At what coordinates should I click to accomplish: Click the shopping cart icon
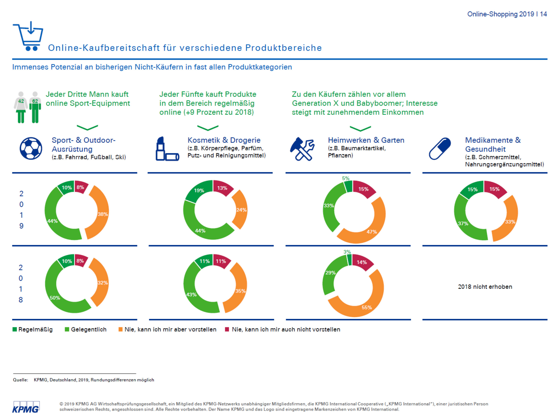[x=28, y=36]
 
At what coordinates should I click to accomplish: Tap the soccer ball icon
[x=31, y=148]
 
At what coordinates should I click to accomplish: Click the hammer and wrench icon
[x=302, y=149]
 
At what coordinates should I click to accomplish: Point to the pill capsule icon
[x=440, y=149]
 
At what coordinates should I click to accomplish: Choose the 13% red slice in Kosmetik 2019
[x=222, y=188]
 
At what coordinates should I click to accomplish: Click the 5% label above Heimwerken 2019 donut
[x=346, y=178]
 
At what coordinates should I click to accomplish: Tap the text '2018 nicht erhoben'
[x=485, y=287]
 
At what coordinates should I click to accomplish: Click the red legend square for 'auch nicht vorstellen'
[x=227, y=329]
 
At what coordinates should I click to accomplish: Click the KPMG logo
[x=26, y=407]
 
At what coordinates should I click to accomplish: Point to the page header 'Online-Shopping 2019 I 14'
[x=507, y=14]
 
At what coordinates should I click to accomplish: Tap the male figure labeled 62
[x=35, y=107]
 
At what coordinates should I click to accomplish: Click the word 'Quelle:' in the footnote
[x=21, y=380]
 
